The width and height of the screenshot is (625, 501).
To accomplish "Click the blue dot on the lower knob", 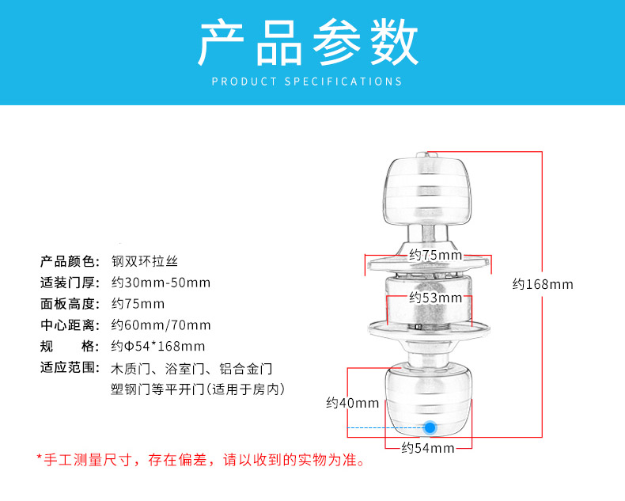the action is [430, 427].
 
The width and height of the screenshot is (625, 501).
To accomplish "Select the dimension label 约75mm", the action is [435, 255].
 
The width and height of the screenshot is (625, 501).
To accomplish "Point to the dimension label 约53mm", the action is [435, 298].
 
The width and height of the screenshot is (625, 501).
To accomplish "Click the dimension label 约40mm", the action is [353, 403].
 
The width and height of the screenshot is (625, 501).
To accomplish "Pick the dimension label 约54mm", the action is [427, 449].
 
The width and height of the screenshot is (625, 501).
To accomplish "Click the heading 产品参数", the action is [308, 43].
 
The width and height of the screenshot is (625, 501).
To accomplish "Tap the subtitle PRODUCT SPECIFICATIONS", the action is [308, 82].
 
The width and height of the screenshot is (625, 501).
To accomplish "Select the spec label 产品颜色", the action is [70, 261].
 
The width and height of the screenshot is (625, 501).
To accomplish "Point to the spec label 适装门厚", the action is [70, 283].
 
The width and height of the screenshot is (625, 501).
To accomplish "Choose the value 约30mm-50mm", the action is [161, 283].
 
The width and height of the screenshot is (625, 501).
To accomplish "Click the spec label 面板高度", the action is [70, 304].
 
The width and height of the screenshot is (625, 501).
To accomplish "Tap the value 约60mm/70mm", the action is [161, 325].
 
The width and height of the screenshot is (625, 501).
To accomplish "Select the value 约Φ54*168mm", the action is [157, 347].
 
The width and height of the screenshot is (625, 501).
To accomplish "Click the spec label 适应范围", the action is [70, 368].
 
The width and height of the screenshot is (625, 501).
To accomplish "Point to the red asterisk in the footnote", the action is [40, 457].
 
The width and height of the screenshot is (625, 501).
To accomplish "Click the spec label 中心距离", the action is [70, 325].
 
